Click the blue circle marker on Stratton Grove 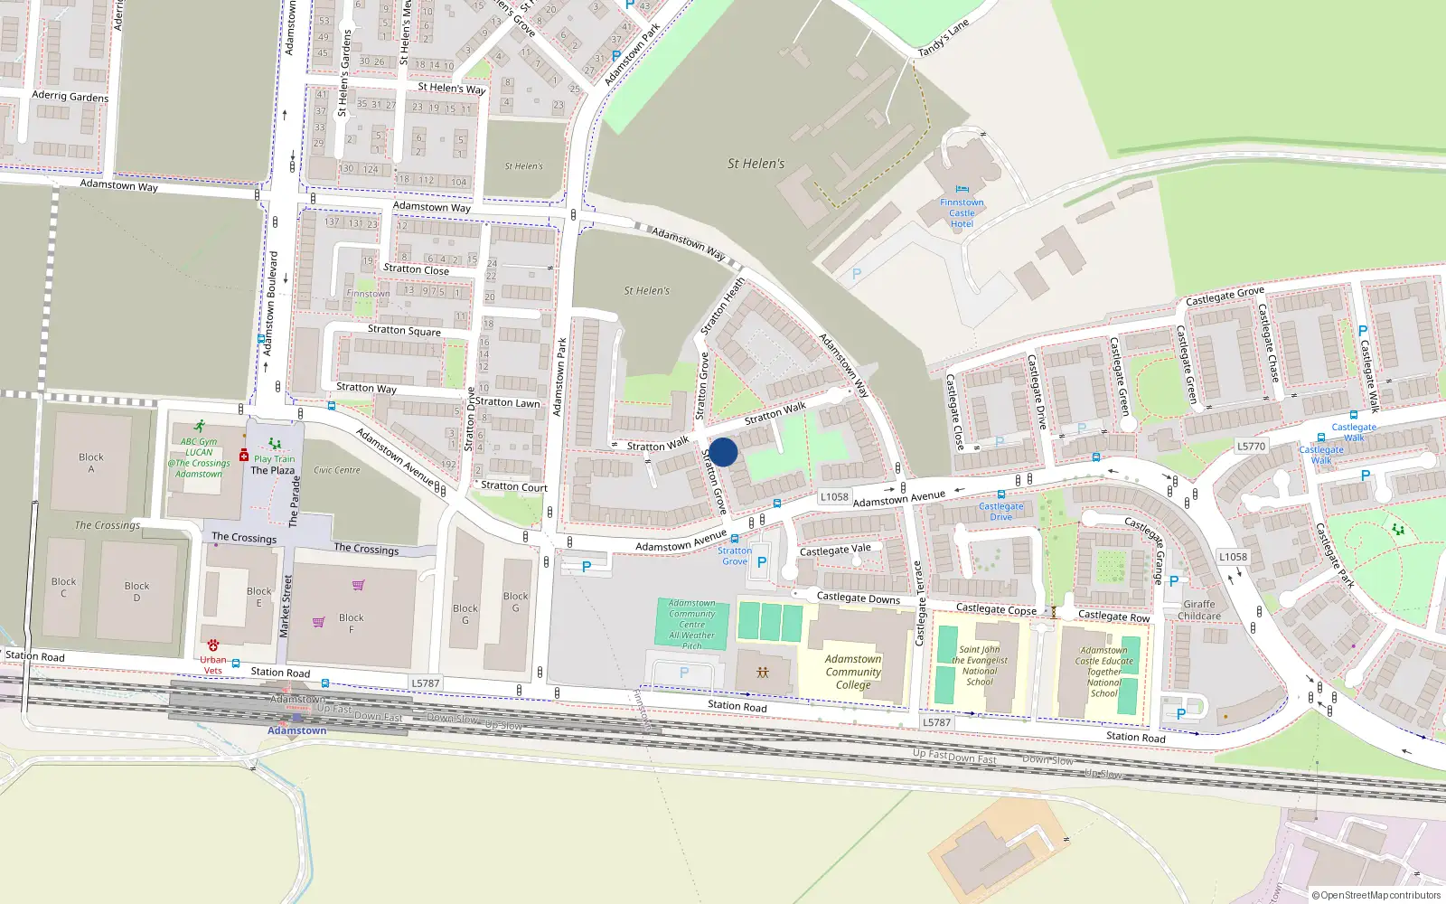pyautogui.click(x=723, y=452)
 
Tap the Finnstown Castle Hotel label pyautogui.click(x=962, y=213)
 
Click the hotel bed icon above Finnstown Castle pyautogui.click(x=962, y=190)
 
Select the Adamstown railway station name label pyautogui.click(x=296, y=730)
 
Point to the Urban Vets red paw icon pyautogui.click(x=213, y=645)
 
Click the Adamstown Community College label pyautogui.click(x=852, y=672)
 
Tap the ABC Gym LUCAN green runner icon pyautogui.click(x=199, y=427)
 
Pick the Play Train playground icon pyautogui.click(x=275, y=444)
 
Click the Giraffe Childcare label pyautogui.click(x=1198, y=610)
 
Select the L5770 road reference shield pyautogui.click(x=1251, y=446)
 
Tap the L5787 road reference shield pyautogui.click(x=425, y=683)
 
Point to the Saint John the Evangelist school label pyautogui.click(x=979, y=665)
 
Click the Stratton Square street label pyautogui.click(x=404, y=330)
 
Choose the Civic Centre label pyautogui.click(x=336, y=470)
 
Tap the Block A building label pyautogui.click(x=90, y=463)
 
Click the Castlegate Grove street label pyautogui.click(x=1225, y=296)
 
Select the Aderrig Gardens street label pyautogui.click(x=70, y=96)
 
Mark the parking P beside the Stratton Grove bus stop pyautogui.click(x=761, y=562)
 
